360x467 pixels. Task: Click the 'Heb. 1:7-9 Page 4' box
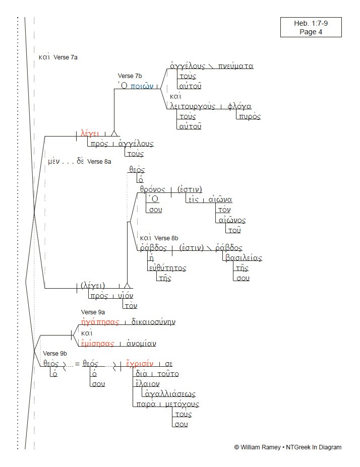click(311, 27)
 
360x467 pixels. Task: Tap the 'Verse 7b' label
click(130, 76)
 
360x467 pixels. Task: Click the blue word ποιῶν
click(142, 86)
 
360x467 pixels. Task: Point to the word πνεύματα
click(236, 66)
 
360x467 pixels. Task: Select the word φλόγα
click(239, 106)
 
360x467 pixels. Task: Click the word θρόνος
click(153, 189)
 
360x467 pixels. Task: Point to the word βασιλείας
click(243, 258)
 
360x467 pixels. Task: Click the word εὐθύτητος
click(167, 268)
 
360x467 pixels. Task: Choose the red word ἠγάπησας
click(100, 322)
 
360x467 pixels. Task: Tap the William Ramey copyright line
click(287, 447)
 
